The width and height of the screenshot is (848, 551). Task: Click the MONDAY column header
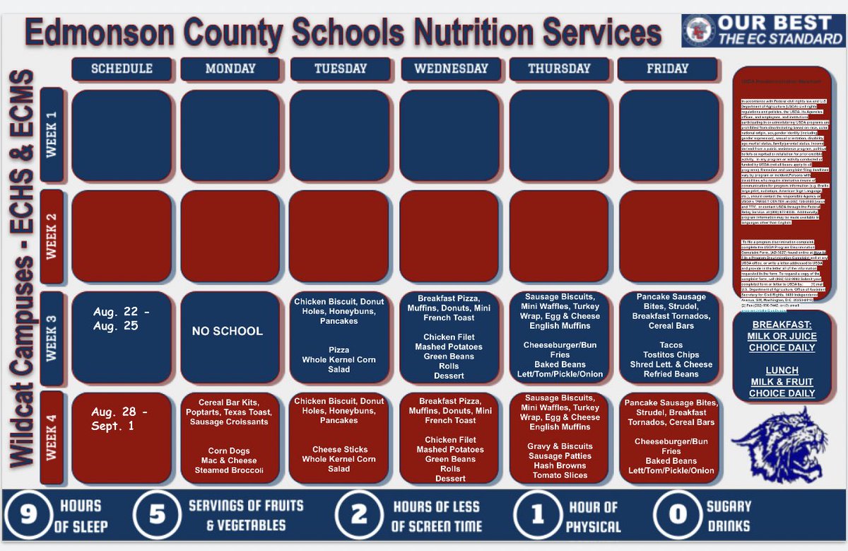tap(230, 69)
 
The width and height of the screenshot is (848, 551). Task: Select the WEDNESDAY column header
tap(452, 69)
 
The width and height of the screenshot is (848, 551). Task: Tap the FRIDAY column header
tap(667, 69)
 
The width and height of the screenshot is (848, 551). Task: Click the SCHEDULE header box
tap(122, 69)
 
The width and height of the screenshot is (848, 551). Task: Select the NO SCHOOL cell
tap(228, 331)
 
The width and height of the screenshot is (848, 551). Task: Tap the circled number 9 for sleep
tap(28, 515)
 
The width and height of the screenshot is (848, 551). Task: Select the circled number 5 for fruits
tap(157, 515)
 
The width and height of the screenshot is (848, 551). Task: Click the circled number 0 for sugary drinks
tap(678, 515)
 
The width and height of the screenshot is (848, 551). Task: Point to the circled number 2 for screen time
tap(360, 515)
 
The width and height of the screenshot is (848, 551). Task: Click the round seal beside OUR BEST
tap(699, 30)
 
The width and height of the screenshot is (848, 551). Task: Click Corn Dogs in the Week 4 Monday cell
tap(229, 451)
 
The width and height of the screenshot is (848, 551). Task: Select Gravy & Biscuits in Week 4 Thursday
tap(560, 446)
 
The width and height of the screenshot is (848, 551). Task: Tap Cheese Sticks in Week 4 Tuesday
tap(339, 449)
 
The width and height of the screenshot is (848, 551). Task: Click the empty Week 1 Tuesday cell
tap(339, 135)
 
